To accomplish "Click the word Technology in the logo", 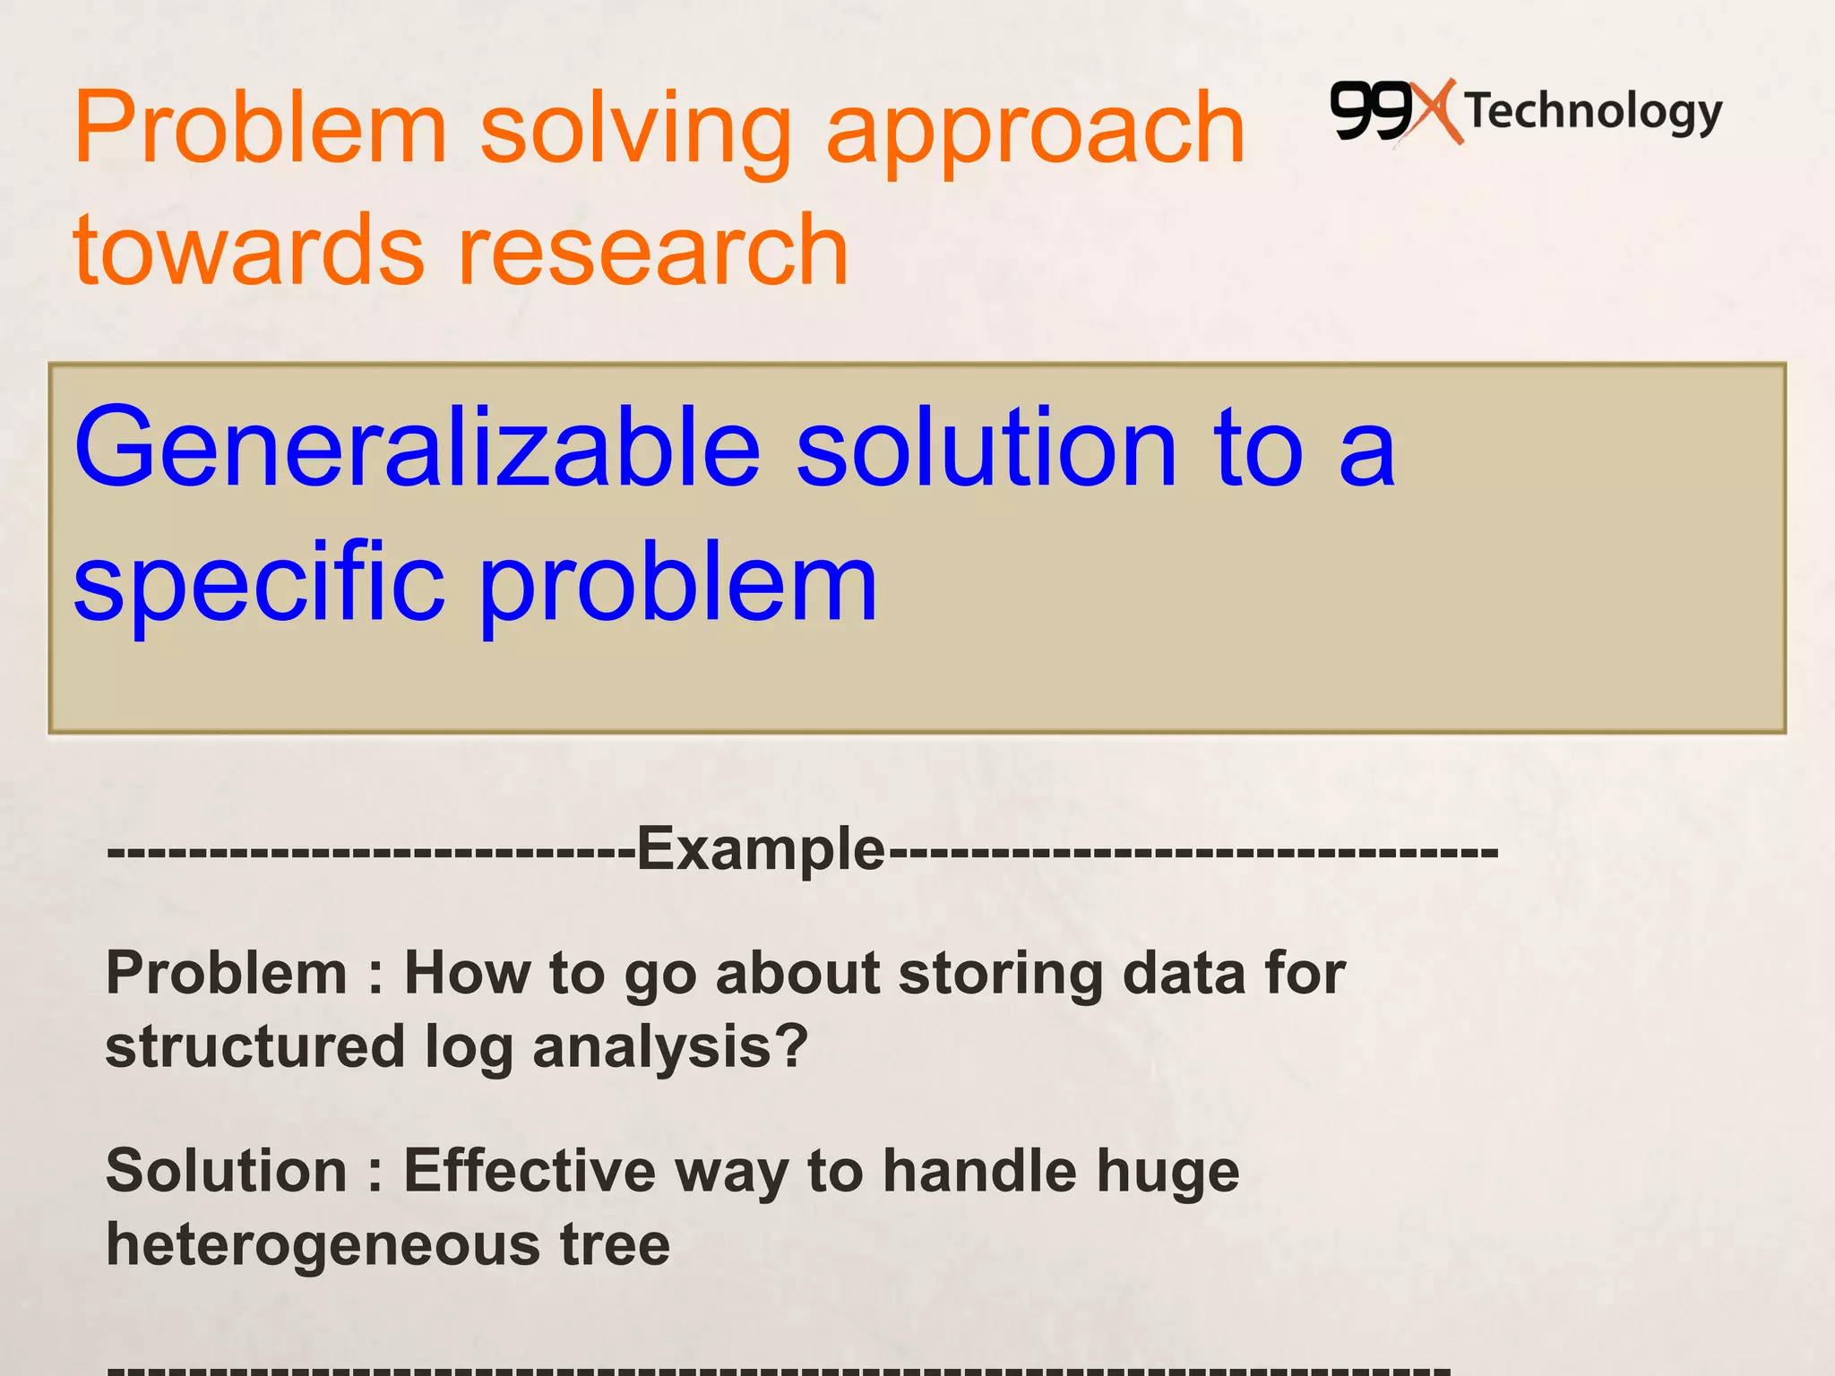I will coord(1594,113).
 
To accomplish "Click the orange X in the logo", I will coord(1436,112).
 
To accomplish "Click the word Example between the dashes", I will coord(761,848).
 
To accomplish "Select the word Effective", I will coord(530,1171).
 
